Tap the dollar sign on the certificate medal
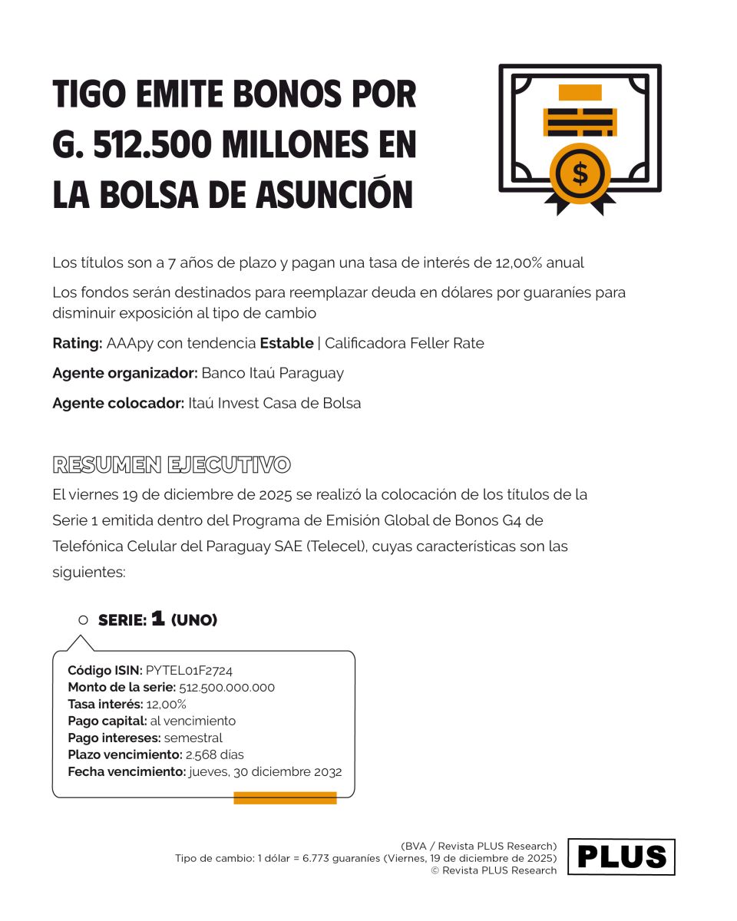pos(580,173)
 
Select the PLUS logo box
pos(621,857)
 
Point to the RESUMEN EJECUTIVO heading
pos(171,464)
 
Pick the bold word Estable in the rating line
pos(286,343)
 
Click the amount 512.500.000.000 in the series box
pos(226,687)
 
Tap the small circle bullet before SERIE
pos(84,619)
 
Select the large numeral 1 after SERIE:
pos(158,619)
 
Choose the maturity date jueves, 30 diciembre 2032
pos(266,771)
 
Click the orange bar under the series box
pos(285,797)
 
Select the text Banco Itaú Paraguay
pos(273,373)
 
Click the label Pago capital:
pos(107,721)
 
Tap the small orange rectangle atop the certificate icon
pos(580,93)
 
